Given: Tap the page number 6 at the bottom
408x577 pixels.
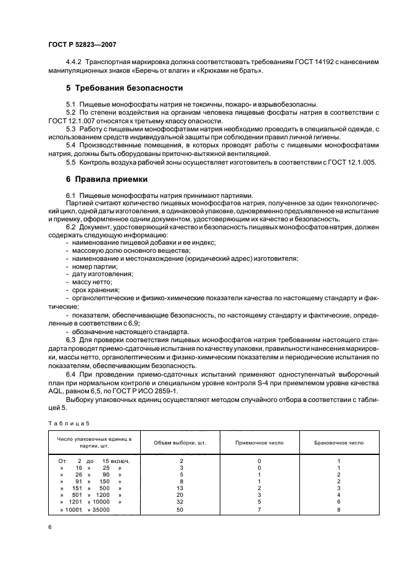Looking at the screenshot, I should click(x=49, y=528).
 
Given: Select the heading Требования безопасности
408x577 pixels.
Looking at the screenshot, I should click(x=123, y=88).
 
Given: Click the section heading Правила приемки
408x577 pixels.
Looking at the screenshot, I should click(x=106, y=179).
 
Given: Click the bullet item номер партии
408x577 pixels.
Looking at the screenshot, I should click(x=93, y=266).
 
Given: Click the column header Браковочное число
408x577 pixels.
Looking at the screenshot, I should click(x=339, y=443).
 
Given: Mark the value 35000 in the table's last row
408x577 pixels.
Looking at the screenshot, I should click(x=98, y=510).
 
